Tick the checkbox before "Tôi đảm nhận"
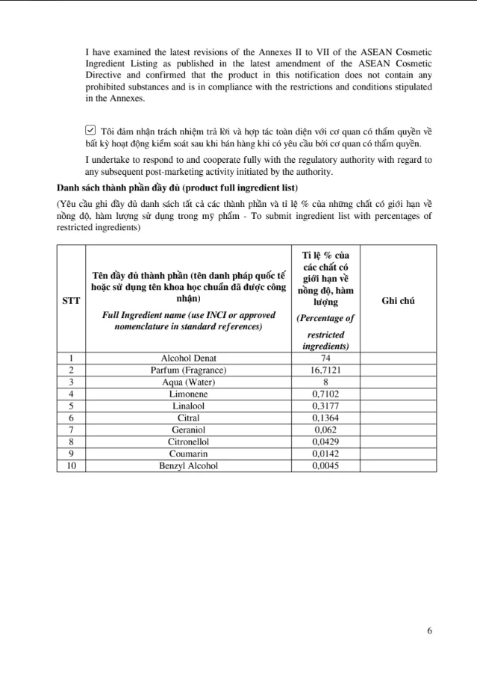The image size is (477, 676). pyautogui.click(x=90, y=131)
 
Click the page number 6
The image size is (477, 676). pyautogui.click(x=429, y=630)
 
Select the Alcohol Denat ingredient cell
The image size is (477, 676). pyautogui.click(x=188, y=359)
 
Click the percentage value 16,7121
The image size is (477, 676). pyautogui.click(x=325, y=370)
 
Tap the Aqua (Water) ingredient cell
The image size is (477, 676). pyautogui.click(x=188, y=382)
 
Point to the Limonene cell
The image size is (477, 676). pyautogui.click(x=188, y=394)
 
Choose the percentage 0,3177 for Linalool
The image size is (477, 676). pyautogui.click(x=325, y=406)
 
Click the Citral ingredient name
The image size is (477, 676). pyautogui.click(x=188, y=418)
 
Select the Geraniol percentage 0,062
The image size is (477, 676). pyautogui.click(x=325, y=430)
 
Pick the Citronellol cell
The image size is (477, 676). pyautogui.click(x=188, y=441)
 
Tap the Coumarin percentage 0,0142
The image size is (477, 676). pyautogui.click(x=325, y=453)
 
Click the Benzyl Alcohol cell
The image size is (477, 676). pyautogui.click(x=188, y=465)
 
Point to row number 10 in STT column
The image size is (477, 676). pyautogui.click(x=71, y=465)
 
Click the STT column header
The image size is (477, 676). pyautogui.click(x=71, y=301)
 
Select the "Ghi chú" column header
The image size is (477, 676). pyautogui.click(x=397, y=301)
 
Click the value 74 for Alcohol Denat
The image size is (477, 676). pyautogui.click(x=325, y=359)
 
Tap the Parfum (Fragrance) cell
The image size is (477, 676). pyautogui.click(x=188, y=370)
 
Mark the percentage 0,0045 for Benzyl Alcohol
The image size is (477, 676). pyautogui.click(x=325, y=465)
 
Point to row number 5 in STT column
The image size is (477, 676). pyautogui.click(x=71, y=406)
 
